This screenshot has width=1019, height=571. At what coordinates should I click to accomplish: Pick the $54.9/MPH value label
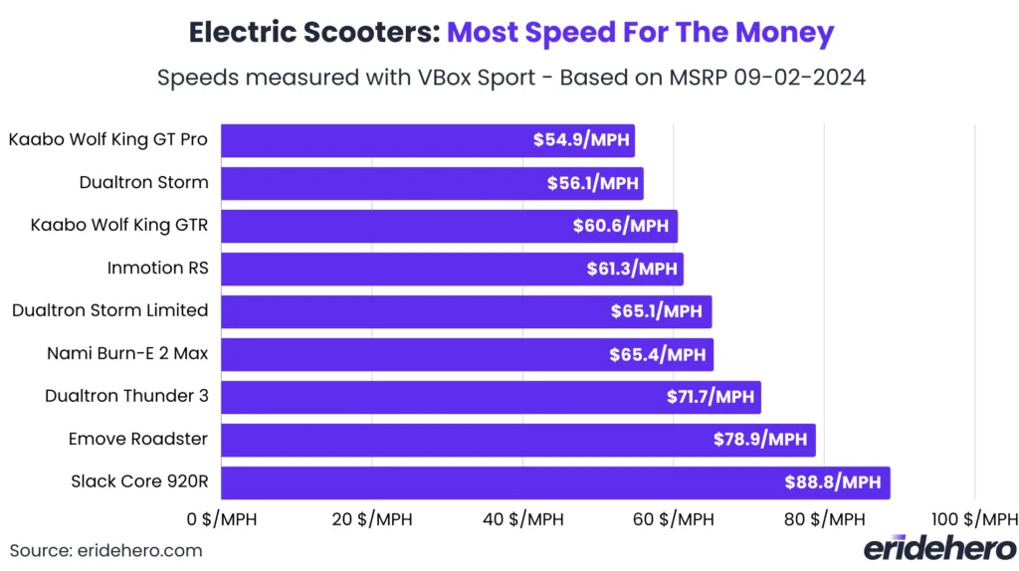click(x=581, y=140)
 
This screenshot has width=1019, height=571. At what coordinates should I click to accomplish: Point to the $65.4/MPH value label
click(x=659, y=354)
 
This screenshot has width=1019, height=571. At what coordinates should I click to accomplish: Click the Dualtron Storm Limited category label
click(x=109, y=310)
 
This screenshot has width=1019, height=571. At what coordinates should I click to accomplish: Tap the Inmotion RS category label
click(x=157, y=268)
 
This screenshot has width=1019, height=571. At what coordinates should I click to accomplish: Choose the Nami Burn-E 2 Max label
click(x=127, y=353)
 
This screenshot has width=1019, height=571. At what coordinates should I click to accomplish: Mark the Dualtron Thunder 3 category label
click(x=126, y=396)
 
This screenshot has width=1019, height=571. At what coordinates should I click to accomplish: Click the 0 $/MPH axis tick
click(x=221, y=519)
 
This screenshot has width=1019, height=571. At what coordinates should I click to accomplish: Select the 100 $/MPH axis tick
click(x=974, y=519)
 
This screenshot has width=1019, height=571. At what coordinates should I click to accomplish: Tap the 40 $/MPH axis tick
click(x=522, y=519)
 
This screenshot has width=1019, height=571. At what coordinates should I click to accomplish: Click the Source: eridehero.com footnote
click(x=105, y=550)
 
